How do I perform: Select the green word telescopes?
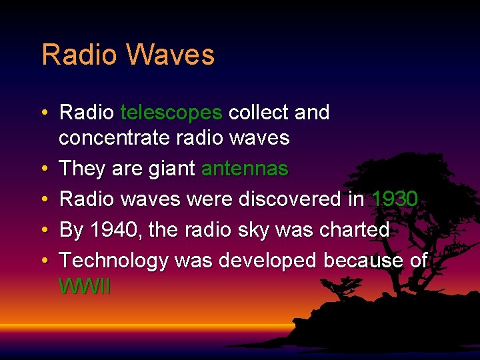pos(171,113)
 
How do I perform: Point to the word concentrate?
pos(114,138)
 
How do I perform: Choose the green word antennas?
pos(245,169)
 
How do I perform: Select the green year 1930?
pos(395,199)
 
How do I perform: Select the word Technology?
pos(114,261)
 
